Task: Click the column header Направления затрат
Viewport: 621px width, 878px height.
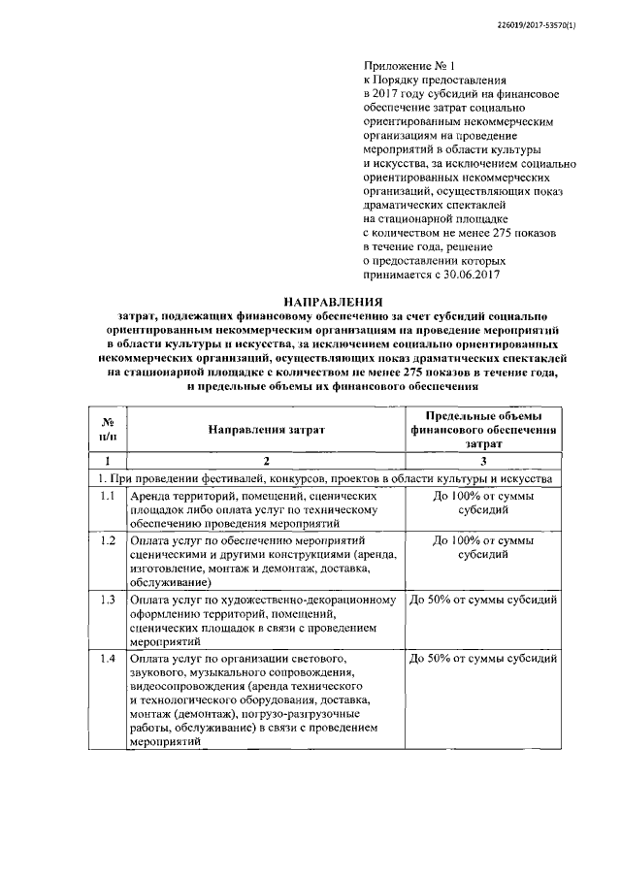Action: pos(265,429)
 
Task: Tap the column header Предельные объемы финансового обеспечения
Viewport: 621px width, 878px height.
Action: pos(482,429)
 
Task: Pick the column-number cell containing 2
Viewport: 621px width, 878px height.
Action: pos(265,461)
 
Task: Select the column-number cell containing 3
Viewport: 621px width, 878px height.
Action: pos(482,461)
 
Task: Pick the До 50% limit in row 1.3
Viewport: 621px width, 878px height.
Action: pos(482,600)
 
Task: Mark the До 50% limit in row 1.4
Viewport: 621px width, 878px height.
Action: pos(482,660)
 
